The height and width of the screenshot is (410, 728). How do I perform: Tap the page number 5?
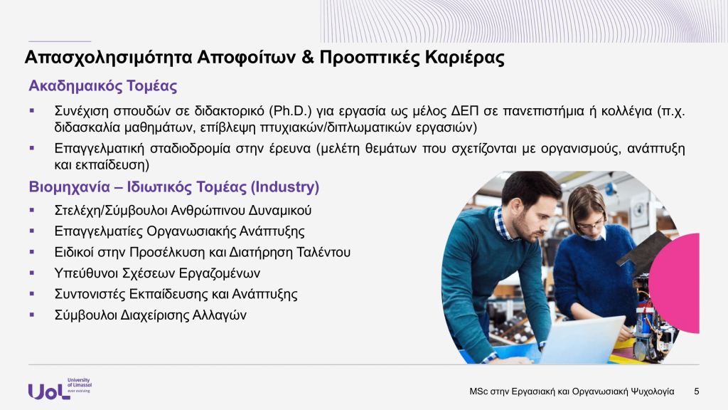[697, 391]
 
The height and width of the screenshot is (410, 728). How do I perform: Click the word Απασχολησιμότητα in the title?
[108, 58]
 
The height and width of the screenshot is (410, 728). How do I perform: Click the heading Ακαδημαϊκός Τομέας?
[103, 86]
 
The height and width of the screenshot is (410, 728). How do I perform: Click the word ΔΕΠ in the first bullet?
[465, 111]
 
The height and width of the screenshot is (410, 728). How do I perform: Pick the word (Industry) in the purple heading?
[285, 187]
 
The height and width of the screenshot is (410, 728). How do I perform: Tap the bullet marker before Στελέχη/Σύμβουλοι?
[32, 210]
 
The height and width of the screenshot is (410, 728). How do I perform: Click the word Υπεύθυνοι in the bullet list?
[86, 273]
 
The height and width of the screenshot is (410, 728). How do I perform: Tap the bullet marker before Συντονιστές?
[32, 294]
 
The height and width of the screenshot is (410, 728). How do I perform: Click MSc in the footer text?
[478, 391]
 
